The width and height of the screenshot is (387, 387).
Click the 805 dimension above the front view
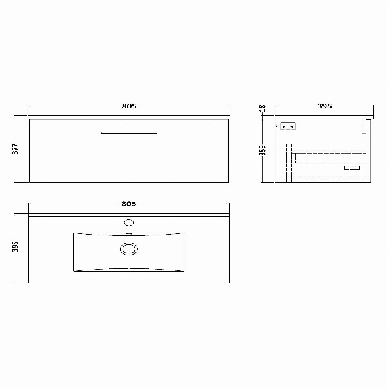click(x=129, y=106)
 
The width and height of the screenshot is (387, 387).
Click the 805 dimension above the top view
click(x=129, y=204)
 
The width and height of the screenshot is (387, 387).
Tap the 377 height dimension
click(x=15, y=149)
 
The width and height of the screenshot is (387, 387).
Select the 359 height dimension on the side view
click(x=263, y=150)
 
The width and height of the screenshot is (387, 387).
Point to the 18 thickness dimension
click(x=263, y=108)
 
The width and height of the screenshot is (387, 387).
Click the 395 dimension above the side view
click(x=324, y=106)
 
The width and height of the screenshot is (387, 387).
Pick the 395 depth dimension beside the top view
click(x=15, y=246)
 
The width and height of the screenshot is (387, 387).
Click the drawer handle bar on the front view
click(x=129, y=132)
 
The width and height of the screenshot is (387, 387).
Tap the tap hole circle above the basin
click(x=129, y=223)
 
